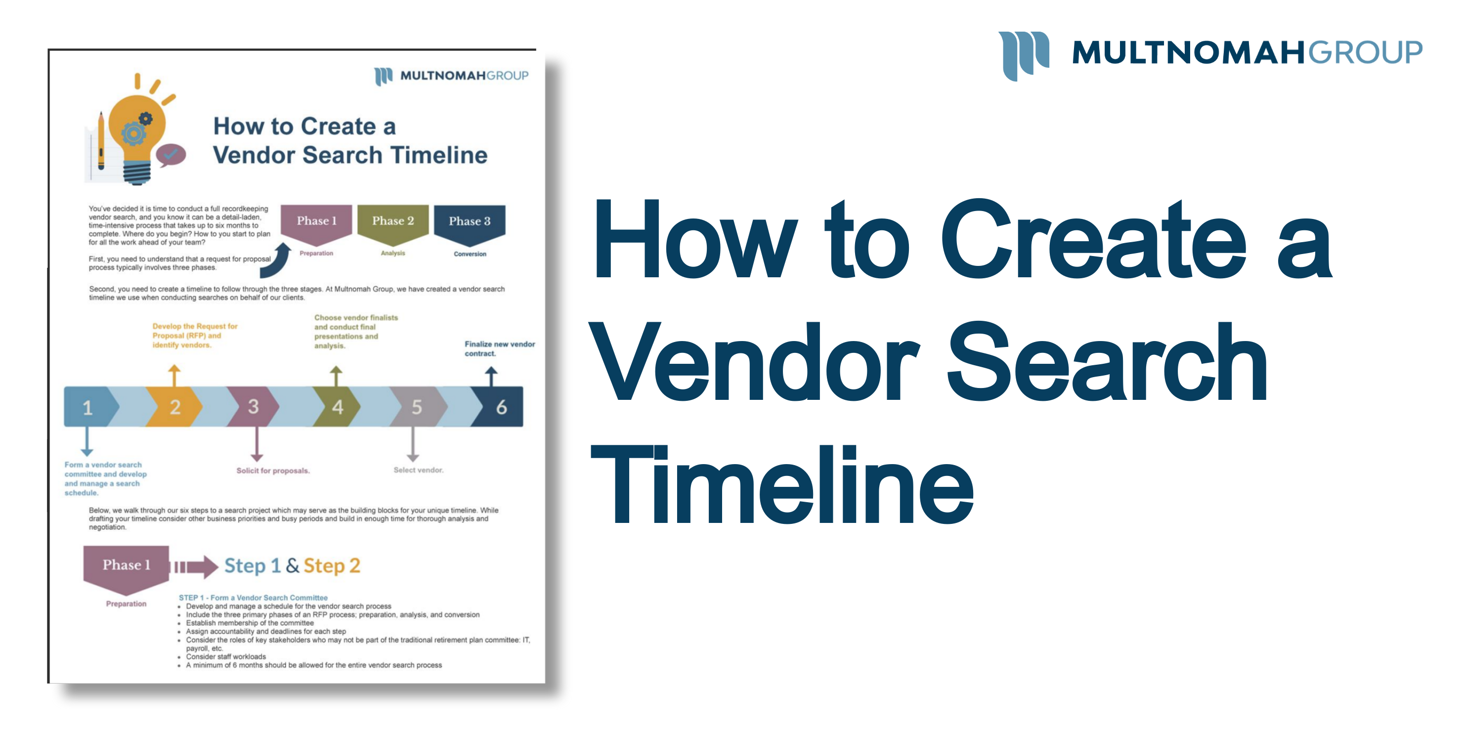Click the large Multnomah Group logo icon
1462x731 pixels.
[x=1023, y=54]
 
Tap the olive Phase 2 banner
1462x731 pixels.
[x=393, y=222]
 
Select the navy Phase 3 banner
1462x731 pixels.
[x=470, y=222]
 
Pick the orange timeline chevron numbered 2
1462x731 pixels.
[x=175, y=407]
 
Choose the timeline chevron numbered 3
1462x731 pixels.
[x=254, y=407]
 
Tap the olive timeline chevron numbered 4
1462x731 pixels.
[x=338, y=407]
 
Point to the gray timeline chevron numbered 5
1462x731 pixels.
[x=417, y=407]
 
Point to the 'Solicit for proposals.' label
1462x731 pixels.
[x=273, y=471]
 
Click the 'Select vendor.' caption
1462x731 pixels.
[x=418, y=470]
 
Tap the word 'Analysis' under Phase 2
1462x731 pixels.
[x=393, y=253]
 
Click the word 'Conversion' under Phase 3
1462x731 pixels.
[x=470, y=254]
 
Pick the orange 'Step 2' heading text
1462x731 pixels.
[x=332, y=566]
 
